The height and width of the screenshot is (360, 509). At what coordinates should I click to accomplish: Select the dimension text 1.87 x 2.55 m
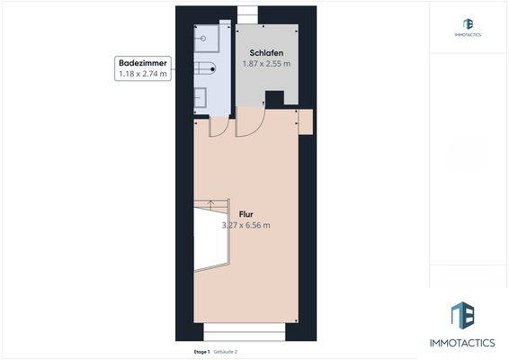coord(266,64)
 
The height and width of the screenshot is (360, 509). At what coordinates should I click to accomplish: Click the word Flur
coord(246,214)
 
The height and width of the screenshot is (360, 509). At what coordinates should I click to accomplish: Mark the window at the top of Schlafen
coord(246,13)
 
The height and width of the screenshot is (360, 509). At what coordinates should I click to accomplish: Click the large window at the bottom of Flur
coord(244,329)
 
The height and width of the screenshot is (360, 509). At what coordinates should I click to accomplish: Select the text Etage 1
coord(201,351)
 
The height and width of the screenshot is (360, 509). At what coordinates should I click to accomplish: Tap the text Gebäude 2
coord(226,351)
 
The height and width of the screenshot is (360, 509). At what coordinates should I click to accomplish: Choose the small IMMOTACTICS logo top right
coord(468,24)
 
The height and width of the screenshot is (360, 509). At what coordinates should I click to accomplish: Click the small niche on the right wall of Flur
coord(305,121)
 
